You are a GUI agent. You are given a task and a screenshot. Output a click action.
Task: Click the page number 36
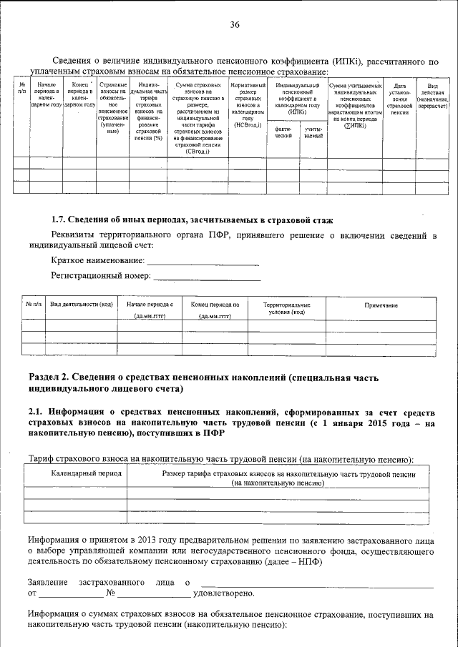[x=234, y=25]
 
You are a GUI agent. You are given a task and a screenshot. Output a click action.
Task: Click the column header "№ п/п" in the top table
[x=22, y=89]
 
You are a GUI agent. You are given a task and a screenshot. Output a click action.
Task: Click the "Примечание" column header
[x=381, y=306]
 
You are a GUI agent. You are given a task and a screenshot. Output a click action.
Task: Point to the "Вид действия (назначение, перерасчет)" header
[x=432, y=95]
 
